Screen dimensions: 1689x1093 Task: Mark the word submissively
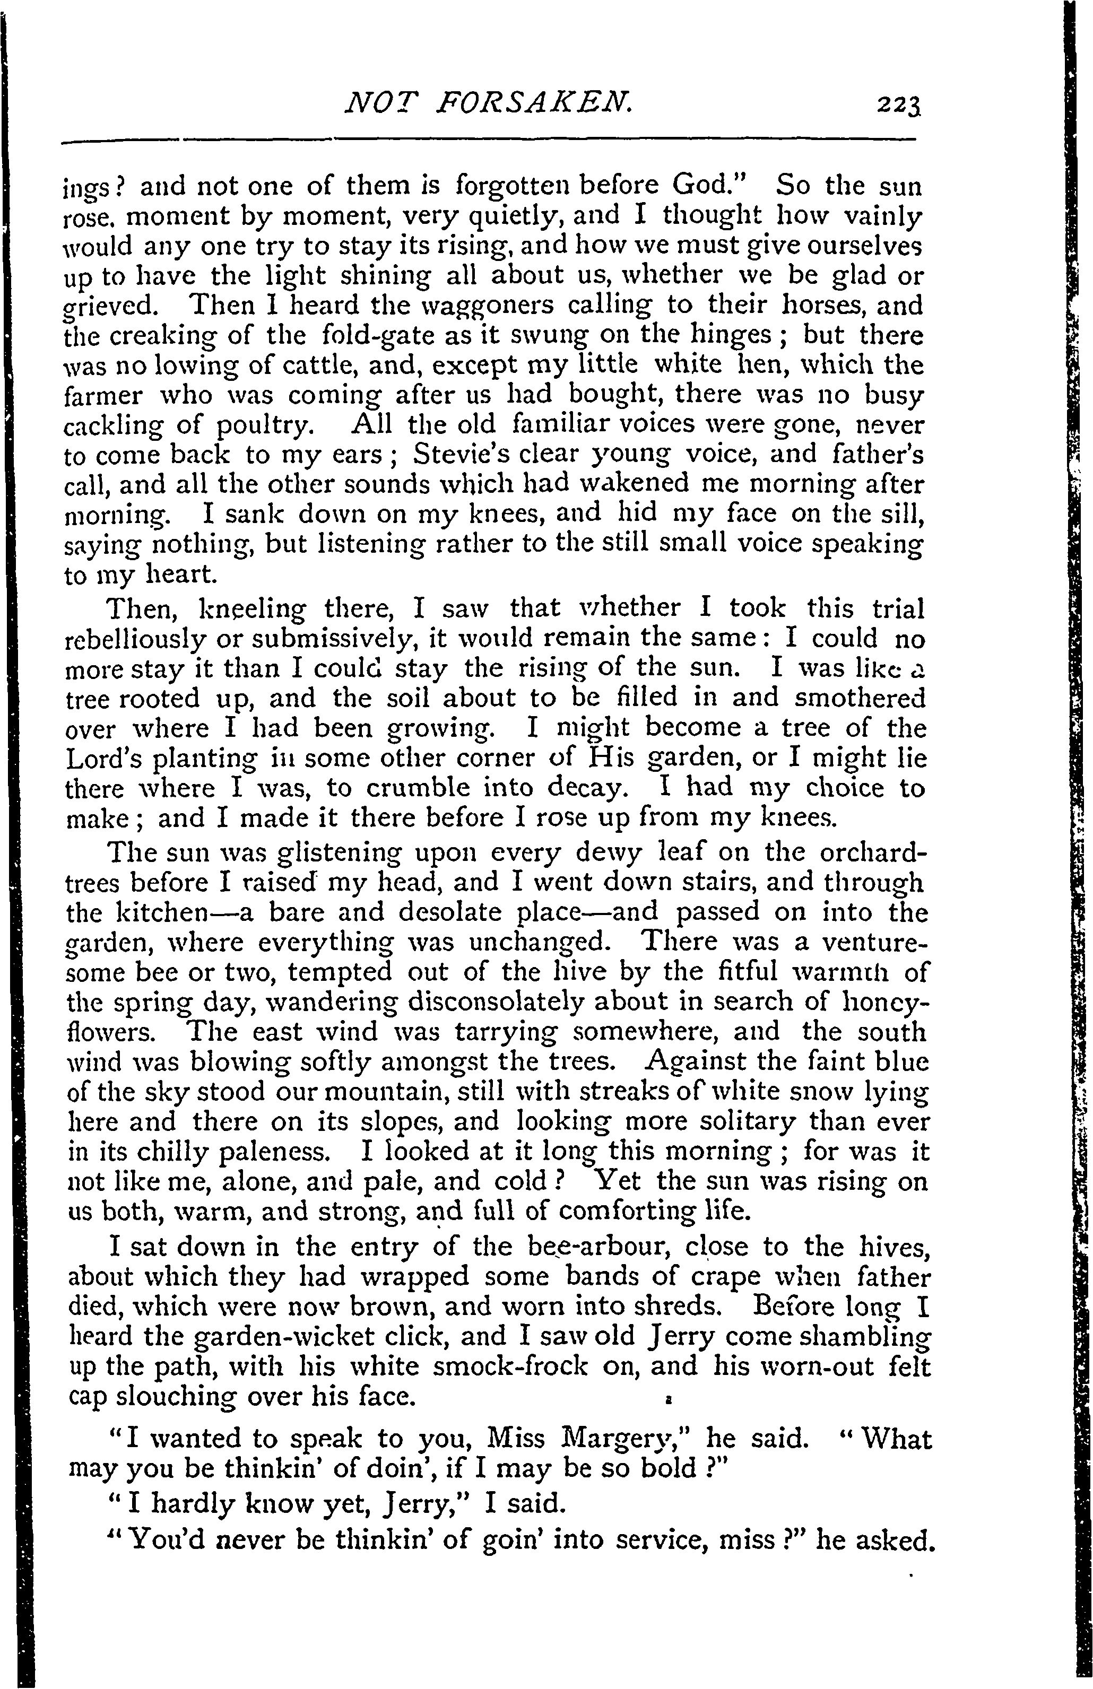(326, 640)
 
